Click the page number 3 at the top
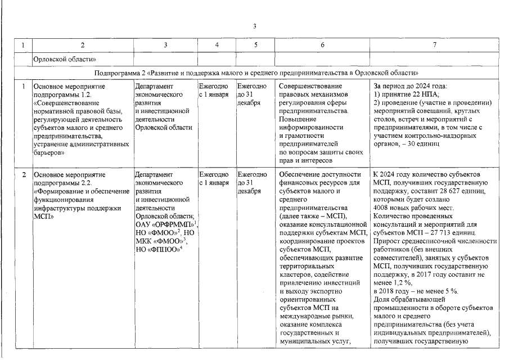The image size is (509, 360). (254, 26)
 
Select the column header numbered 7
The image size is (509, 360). (434, 44)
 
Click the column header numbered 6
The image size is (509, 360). (322, 44)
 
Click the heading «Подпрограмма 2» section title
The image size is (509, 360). (256, 73)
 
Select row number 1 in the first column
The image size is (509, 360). (23, 87)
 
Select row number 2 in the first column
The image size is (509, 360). (23, 175)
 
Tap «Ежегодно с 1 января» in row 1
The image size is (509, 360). (213, 91)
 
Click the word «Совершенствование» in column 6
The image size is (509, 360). (310, 87)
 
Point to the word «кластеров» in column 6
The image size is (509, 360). (296, 274)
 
